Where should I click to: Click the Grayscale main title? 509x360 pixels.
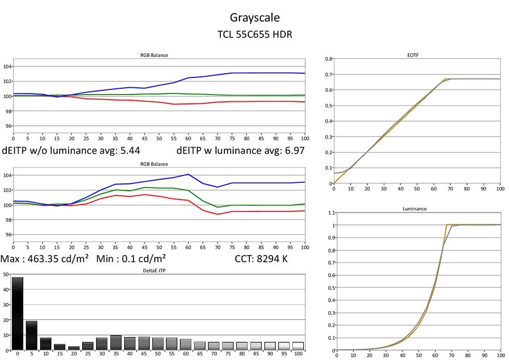coord(254,18)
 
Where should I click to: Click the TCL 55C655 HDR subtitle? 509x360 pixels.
coord(254,35)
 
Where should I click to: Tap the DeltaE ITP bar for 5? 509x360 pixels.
coord(32,335)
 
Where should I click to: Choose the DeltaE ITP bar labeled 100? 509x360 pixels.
coord(298,345)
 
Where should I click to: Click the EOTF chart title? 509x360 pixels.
coord(413,55)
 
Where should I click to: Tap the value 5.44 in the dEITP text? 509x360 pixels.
coord(128,151)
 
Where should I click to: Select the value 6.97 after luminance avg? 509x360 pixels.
coord(292,151)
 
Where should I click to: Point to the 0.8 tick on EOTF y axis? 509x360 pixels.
coord(328,59)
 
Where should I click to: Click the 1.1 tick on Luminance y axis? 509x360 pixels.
coord(328,214)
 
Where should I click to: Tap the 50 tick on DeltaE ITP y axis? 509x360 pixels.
coord(5,274)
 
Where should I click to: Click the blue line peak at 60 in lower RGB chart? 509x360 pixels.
coord(188,175)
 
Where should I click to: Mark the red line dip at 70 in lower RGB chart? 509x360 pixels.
coord(217,214)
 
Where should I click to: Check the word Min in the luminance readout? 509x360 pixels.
coord(106,258)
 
